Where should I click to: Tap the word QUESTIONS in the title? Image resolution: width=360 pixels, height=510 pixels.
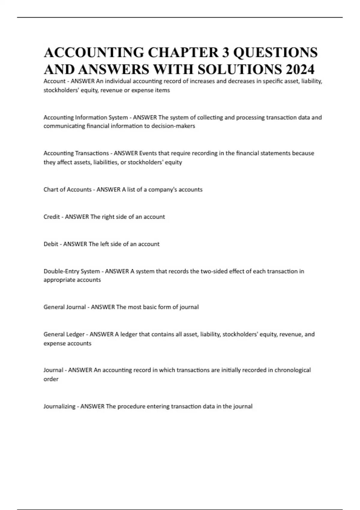275,52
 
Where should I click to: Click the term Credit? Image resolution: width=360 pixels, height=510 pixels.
52,217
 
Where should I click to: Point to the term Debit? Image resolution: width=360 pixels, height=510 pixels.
51,244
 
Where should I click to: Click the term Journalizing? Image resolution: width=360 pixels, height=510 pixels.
59,406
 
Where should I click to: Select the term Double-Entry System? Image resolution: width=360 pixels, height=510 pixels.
72,271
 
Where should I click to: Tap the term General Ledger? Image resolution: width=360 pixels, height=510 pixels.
64,334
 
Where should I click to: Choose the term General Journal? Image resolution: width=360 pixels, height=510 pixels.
64,307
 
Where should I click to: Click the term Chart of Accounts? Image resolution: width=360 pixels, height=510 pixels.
67,190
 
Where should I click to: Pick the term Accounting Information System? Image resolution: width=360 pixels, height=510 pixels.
85,117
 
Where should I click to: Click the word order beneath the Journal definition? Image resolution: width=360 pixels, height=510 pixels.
51,379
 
